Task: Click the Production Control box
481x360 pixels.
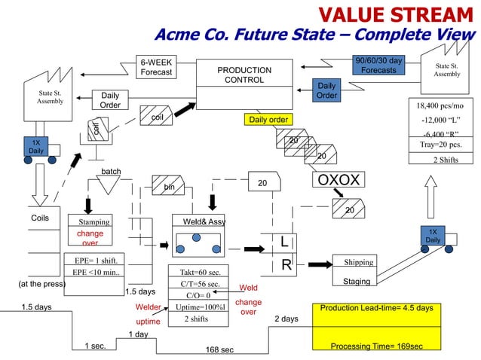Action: [244, 75]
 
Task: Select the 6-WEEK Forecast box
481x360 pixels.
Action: [156, 67]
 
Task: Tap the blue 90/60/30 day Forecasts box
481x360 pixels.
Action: [378, 65]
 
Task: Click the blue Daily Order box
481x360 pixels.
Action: [326, 90]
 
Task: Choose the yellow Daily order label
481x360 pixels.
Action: [268, 120]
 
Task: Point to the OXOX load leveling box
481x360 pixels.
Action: [339, 180]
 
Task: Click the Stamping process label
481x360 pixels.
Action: [94, 222]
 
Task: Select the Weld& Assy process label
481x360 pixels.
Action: [199, 221]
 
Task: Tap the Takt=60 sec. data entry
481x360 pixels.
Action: [200, 273]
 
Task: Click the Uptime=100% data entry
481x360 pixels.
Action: [200, 307]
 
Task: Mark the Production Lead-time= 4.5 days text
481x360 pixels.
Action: [376, 308]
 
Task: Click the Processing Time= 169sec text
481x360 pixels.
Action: [376, 346]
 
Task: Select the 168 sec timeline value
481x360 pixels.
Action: [219, 349]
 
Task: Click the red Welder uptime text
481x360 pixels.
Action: [149, 314]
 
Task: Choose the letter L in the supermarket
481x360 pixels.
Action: [283, 242]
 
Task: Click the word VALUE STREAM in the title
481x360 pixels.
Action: [397, 14]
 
